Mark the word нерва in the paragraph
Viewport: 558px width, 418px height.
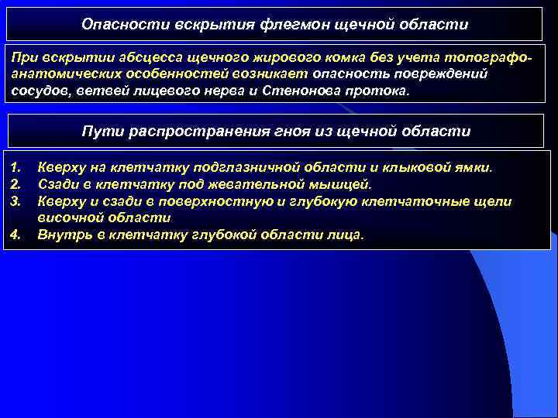point(227,90)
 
